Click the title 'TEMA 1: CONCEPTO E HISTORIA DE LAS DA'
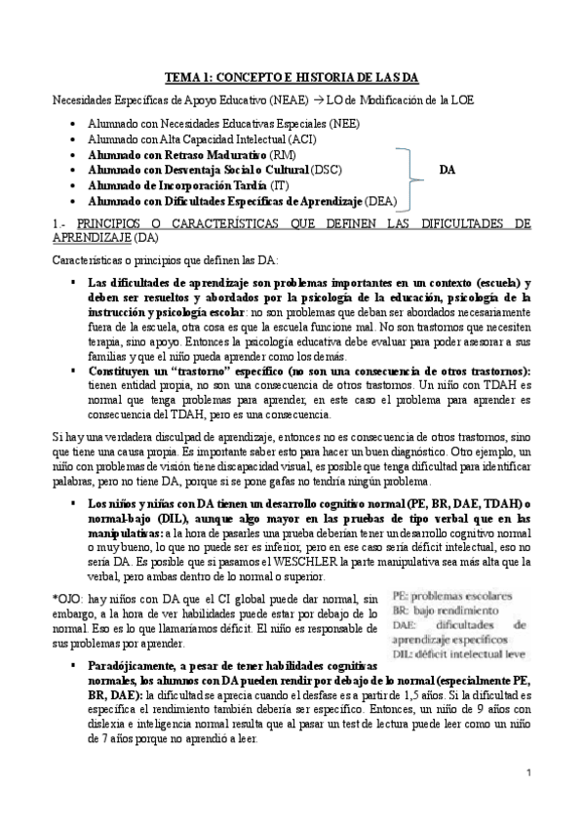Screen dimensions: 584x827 [x=291, y=79]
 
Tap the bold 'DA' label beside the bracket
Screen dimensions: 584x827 [x=448, y=170]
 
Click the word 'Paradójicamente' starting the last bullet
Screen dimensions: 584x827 [x=132, y=664]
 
